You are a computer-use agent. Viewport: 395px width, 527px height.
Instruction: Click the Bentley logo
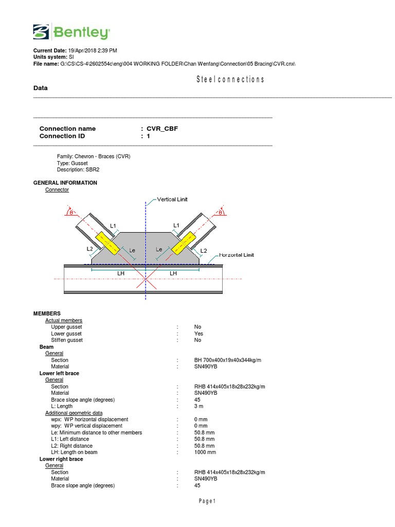tap(71, 32)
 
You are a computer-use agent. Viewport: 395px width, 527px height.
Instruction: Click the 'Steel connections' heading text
tap(230, 79)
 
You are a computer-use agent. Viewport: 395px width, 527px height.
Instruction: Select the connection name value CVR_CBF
tap(162, 129)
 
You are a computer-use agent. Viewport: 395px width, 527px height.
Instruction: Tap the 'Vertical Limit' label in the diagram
tap(172, 199)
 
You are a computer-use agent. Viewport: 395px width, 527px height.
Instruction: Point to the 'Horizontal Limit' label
tap(236, 255)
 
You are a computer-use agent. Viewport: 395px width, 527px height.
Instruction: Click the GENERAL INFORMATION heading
tap(65, 183)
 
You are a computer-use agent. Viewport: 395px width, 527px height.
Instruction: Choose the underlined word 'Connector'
tap(57, 189)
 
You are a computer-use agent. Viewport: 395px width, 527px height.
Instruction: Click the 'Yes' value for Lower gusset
tap(199, 333)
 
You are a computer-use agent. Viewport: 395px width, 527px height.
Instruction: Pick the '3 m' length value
tap(199, 406)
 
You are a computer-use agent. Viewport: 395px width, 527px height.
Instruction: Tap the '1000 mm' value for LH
tap(205, 452)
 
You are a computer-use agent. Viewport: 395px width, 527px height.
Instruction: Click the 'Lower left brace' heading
tap(59, 373)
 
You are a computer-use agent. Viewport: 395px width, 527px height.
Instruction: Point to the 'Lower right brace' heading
tap(61, 459)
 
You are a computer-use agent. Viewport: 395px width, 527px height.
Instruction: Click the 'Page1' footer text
tap(206, 501)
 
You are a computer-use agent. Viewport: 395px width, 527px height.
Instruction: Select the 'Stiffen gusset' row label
tap(67, 340)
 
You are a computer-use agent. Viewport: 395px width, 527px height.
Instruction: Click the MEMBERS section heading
tap(47, 313)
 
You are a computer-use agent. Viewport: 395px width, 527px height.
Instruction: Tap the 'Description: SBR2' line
tap(78, 169)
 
